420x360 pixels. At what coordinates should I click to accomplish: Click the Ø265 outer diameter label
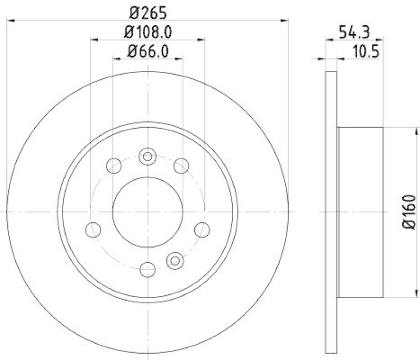[148, 11]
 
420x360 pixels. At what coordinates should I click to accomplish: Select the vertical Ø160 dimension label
[409, 211]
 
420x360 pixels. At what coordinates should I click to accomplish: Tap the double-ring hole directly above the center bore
[148, 156]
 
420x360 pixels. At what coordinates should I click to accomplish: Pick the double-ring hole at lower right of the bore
[175, 259]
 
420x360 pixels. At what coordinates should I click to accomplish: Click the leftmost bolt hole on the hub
[93, 229]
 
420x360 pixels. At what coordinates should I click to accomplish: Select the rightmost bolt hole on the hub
[202, 229]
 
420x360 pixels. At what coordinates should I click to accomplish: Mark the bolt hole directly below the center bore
[148, 270]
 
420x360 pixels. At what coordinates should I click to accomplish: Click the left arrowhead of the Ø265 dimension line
[10, 20]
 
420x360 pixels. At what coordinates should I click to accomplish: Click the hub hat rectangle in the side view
[360, 211]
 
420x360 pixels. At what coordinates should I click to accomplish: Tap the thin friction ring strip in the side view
[331, 211]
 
